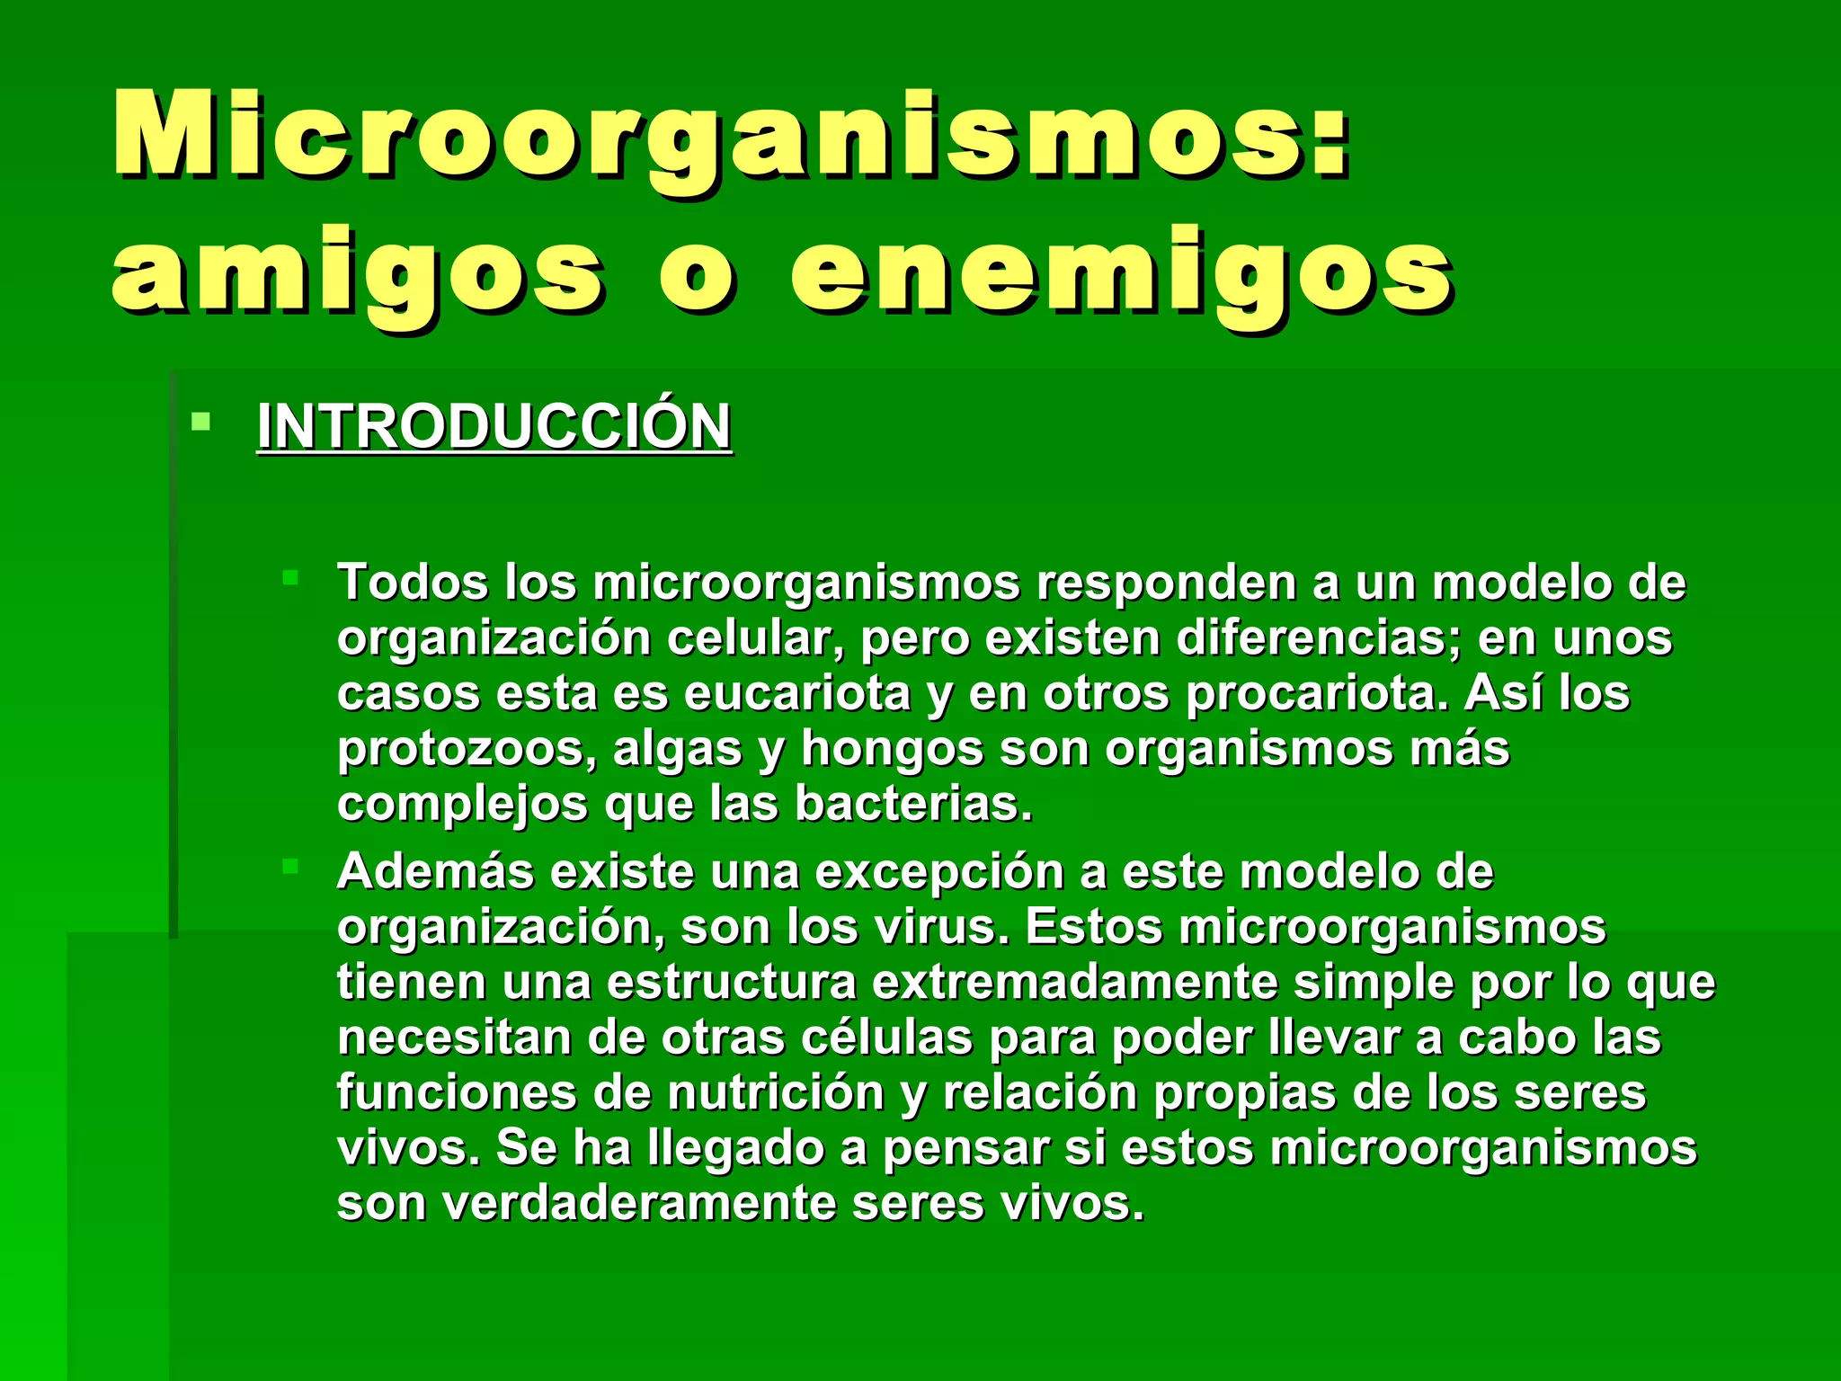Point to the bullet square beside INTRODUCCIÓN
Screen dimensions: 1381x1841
click(201, 421)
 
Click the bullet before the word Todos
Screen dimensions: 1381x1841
click(289, 577)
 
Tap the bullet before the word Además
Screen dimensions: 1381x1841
click(289, 867)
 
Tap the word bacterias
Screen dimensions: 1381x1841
click(913, 804)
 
